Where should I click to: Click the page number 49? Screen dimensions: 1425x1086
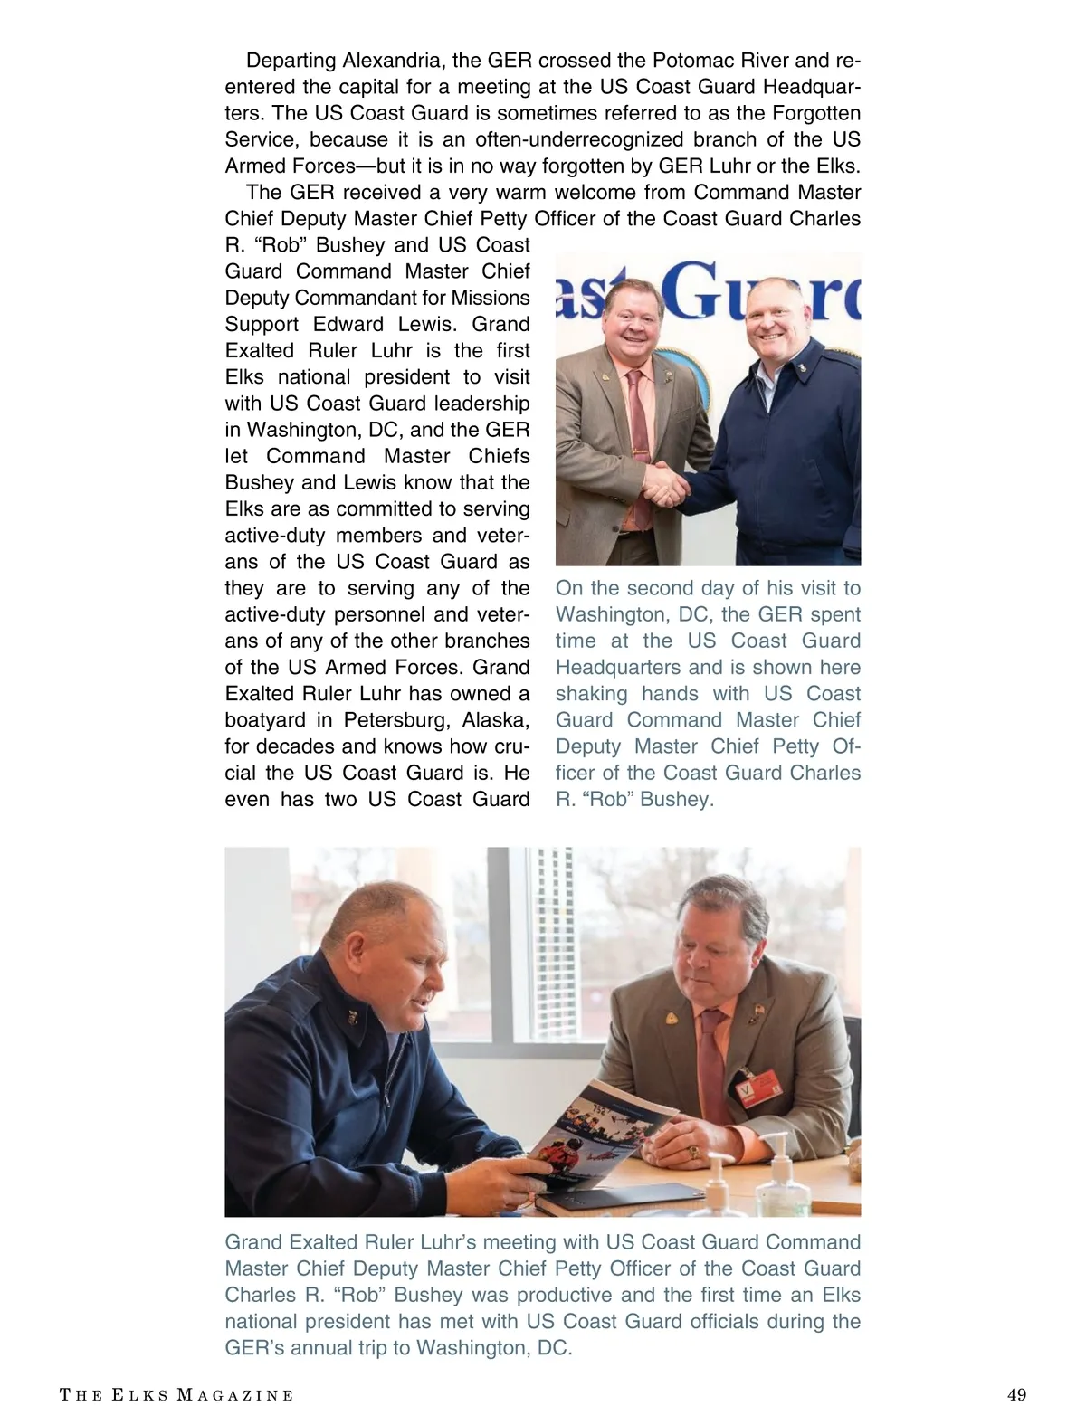[x=1016, y=1395]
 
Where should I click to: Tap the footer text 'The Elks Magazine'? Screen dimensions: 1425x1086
[x=176, y=1395]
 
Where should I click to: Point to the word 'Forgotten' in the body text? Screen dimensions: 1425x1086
[x=816, y=114]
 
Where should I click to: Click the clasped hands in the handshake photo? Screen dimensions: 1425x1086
[x=667, y=484]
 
